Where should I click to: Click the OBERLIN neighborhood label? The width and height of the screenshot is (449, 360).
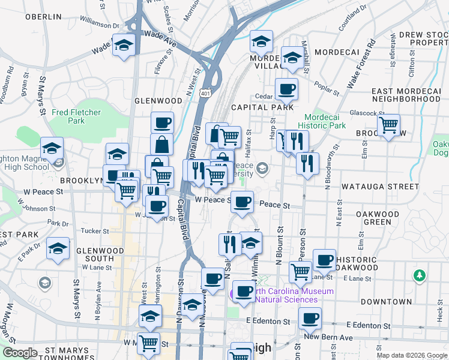click(x=43, y=17)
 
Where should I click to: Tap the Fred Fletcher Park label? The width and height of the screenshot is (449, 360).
click(x=76, y=116)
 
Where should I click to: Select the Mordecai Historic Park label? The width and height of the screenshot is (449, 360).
click(x=325, y=121)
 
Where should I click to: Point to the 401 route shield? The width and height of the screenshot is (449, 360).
click(x=206, y=94)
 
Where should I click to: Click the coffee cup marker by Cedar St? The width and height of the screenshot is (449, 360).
click(x=286, y=89)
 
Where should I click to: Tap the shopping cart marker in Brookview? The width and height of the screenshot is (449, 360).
click(x=389, y=125)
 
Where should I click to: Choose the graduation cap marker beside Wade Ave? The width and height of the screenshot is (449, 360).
click(x=124, y=45)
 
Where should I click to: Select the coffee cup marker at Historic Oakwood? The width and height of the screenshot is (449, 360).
click(x=324, y=260)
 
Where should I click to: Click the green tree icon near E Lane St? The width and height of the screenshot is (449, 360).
click(x=420, y=275)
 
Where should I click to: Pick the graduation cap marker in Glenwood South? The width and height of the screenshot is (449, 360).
click(x=58, y=248)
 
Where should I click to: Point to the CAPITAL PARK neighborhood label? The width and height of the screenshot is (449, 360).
click(x=262, y=107)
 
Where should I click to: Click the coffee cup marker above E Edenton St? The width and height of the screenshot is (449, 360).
click(x=310, y=318)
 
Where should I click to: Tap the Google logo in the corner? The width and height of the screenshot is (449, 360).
click(x=20, y=352)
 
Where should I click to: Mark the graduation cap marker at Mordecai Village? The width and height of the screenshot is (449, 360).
click(x=261, y=43)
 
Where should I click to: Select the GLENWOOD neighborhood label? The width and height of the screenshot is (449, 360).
click(x=158, y=101)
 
